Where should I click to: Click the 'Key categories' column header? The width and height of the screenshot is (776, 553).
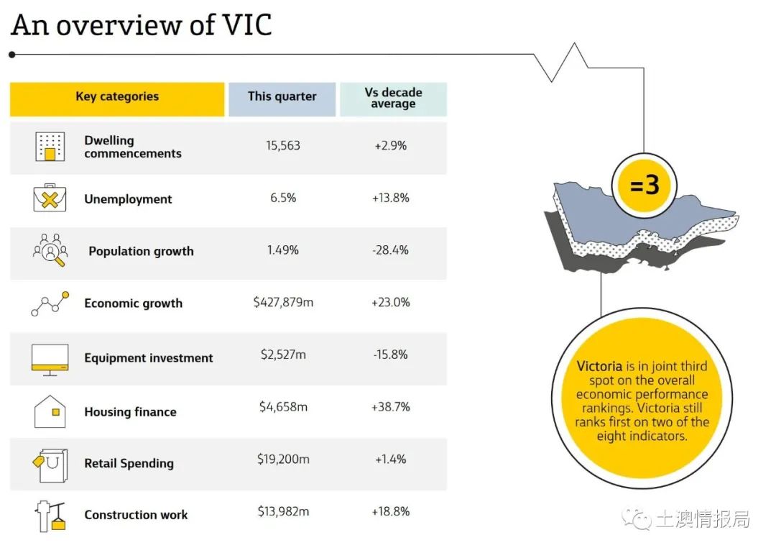coord(117,99)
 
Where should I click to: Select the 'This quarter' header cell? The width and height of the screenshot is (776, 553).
coord(282,99)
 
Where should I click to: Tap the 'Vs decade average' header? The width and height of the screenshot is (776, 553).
coord(394,99)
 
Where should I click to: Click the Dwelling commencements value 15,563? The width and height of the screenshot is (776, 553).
coord(283,146)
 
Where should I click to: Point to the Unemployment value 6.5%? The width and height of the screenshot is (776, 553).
coord(283,198)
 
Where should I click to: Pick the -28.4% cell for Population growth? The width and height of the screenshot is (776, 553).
coord(390,250)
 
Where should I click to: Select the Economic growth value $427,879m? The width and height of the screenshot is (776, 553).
coord(283,302)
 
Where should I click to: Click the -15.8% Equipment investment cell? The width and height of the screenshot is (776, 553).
coord(390,355)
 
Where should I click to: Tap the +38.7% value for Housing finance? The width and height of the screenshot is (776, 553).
coord(390,407)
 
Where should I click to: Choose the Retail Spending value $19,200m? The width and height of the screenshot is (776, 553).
coord(283,460)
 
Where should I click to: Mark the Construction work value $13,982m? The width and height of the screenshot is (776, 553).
coord(283,511)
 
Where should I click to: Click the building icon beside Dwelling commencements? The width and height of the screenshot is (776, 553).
coord(50,147)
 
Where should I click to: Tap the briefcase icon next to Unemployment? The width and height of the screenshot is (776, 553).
coord(50,198)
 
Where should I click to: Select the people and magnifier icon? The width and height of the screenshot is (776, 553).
coord(50,250)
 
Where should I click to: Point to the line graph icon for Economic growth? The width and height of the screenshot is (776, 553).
coord(50,303)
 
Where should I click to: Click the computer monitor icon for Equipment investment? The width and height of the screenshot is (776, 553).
coord(50,360)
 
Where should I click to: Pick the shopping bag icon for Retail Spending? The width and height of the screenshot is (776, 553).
coord(50,465)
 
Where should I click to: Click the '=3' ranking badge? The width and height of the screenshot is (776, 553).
coord(644,186)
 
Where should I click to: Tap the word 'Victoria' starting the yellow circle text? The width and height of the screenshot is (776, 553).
coord(599,366)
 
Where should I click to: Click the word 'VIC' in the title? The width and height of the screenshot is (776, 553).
coord(247,25)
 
